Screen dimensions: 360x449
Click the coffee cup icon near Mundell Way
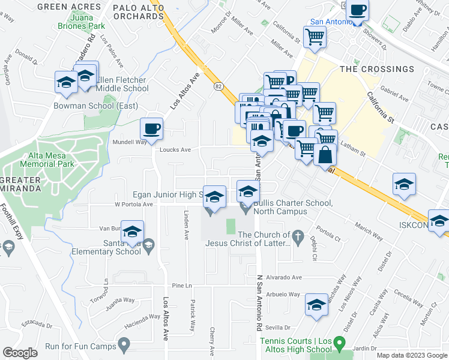pos(151,128)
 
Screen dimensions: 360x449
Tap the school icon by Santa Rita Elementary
pos(133,232)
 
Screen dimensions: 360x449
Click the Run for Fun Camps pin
pos(124,344)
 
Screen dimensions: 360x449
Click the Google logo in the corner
pos(20,352)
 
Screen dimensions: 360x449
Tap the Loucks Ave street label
pos(175,150)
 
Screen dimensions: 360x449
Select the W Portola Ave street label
pos(133,204)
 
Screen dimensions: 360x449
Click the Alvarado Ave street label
pos(284,277)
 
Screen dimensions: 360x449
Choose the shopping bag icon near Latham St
pos(325,155)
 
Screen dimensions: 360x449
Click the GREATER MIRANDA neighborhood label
pos(21,184)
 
